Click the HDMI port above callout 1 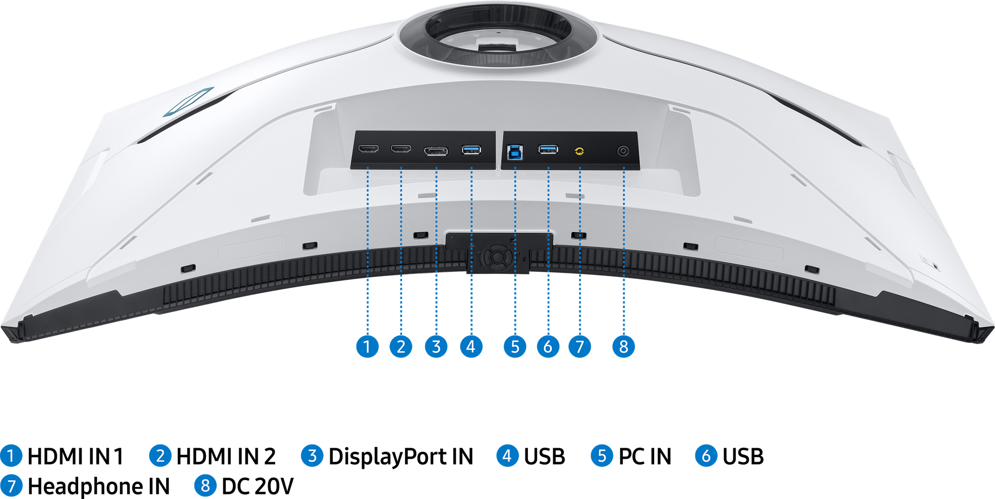[x=369, y=149]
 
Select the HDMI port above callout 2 [x=401, y=149]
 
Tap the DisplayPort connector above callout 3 [x=436, y=151]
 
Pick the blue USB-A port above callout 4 [x=471, y=149]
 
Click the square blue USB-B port [x=514, y=151]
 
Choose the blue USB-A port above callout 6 [x=548, y=149]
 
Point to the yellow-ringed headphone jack [x=579, y=151]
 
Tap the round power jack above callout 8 [x=623, y=151]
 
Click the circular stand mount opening [x=497, y=35]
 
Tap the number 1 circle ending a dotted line [x=368, y=346]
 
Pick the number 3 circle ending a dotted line [x=436, y=346]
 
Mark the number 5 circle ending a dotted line [x=515, y=346]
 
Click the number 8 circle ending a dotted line [x=623, y=346]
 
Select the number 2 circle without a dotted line [x=160, y=455]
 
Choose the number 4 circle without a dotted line [x=507, y=455]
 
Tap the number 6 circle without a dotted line [x=706, y=455]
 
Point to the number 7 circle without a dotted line [x=11, y=485]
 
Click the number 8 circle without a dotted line [x=205, y=485]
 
